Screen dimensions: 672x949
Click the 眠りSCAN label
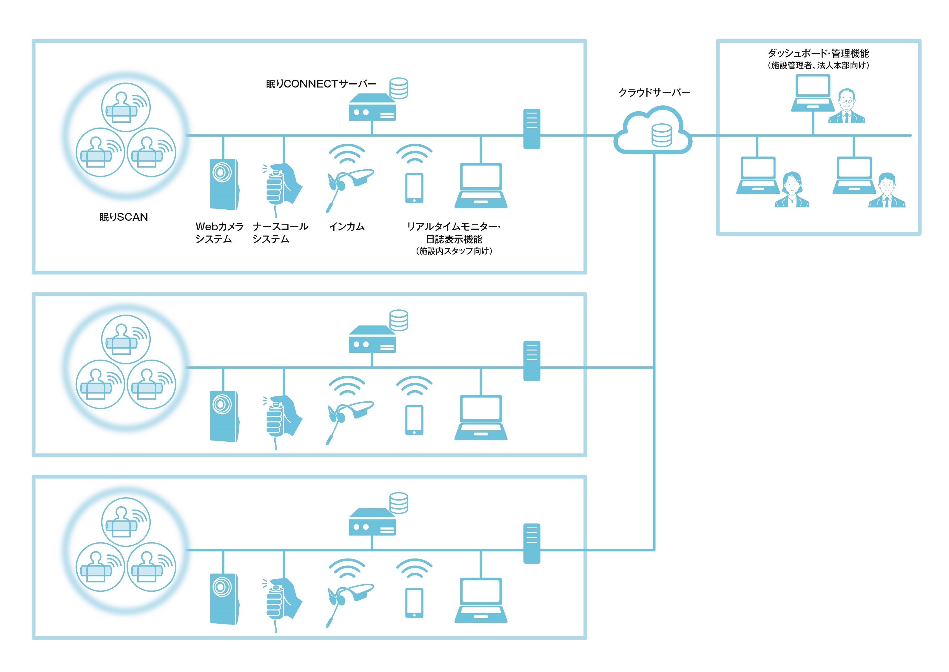point(124,217)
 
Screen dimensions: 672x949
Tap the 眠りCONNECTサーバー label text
point(321,84)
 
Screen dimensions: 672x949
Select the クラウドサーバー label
point(654,93)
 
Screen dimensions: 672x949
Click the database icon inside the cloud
point(661,135)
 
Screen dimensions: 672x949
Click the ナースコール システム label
point(280,233)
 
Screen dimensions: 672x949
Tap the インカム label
point(346,226)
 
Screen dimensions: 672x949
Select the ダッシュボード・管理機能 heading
point(818,53)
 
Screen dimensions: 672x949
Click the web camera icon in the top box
point(224,184)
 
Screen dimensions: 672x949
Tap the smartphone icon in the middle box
point(414,420)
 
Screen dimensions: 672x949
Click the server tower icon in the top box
point(531,129)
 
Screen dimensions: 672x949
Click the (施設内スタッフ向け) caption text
point(454,251)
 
